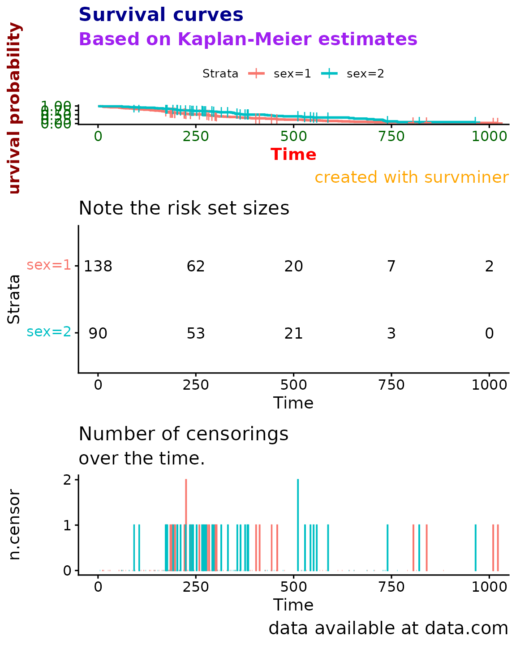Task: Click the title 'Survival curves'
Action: click(161, 15)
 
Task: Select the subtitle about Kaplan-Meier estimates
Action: click(248, 39)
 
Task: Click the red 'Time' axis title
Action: click(293, 155)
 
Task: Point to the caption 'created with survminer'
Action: click(411, 177)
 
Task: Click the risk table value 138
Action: click(98, 267)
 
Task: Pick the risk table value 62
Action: click(196, 267)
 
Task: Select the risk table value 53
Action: click(196, 334)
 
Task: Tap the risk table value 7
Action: click(391, 267)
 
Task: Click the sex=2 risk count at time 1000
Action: click(489, 334)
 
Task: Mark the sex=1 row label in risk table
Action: click(49, 265)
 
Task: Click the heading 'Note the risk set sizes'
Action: click(184, 208)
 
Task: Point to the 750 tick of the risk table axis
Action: click(391, 385)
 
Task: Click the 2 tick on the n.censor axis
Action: click(67, 480)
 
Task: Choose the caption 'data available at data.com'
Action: click(388, 628)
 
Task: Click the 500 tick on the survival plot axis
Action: click(293, 136)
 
